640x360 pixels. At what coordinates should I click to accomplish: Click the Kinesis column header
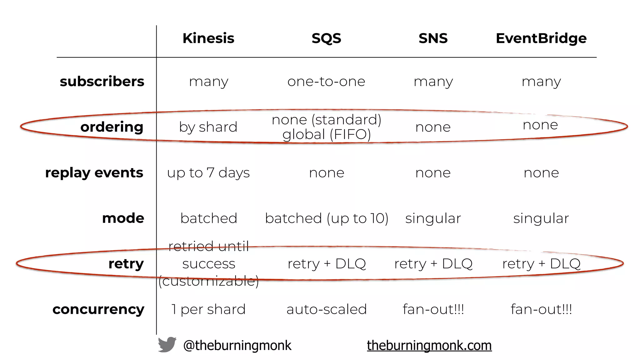[x=208, y=38]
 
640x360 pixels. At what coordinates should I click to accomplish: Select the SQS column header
[x=326, y=38]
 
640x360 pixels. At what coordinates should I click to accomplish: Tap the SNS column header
[x=433, y=38]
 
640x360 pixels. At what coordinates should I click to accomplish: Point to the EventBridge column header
[x=541, y=38]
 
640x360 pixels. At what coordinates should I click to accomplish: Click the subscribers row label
[x=102, y=82]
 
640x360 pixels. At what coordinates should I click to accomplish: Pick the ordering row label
[x=112, y=127]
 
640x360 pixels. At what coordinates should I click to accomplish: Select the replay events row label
[x=94, y=172]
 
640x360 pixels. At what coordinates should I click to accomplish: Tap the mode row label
[x=123, y=218]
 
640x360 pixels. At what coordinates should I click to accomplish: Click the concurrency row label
[x=98, y=309]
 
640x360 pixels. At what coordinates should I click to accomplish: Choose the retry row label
[x=126, y=264]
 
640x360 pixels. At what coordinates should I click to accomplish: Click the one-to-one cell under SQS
[x=326, y=82]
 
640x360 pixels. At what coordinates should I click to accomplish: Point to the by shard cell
[x=208, y=127]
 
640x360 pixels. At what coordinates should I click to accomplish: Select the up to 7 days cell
[x=208, y=173]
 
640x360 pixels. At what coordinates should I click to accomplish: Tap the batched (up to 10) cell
[x=327, y=218]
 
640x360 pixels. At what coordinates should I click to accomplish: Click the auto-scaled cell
[x=327, y=309]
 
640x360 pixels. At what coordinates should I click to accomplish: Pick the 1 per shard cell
[x=208, y=309]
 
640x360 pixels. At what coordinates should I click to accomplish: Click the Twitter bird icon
[x=167, y=345]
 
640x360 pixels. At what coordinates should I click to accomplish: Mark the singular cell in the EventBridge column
[x=541, y=218]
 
